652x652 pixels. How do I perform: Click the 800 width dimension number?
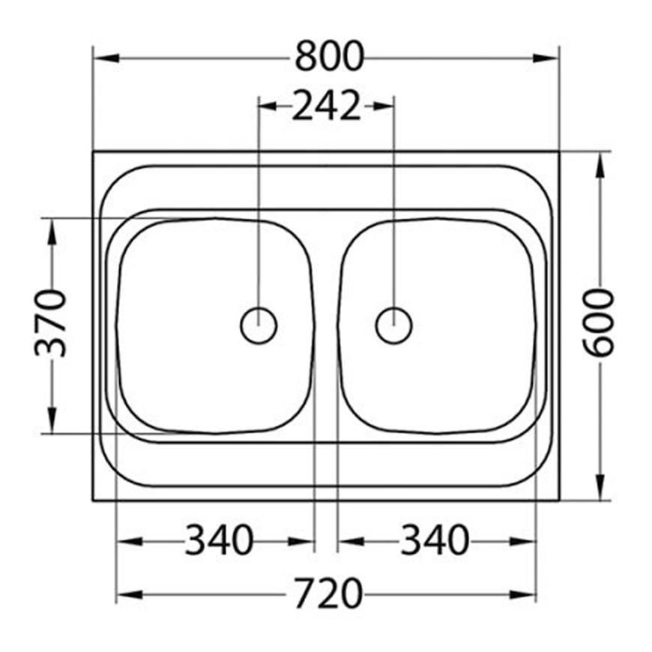pyautogui.click(x=329, y=56)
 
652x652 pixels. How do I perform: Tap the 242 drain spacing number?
pyautogui.click(x=326, y=106)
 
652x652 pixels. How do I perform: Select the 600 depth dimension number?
pyautogui.click(x=598, y=323)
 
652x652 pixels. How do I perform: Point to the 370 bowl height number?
pyautogui.click(x=50, y=324)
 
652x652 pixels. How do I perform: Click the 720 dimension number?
pyautogui.click(x=329, y=594)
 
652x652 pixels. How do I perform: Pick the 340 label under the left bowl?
pyautogui.click(x=219, y=540)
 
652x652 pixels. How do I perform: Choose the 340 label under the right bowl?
pyautogui.click(x=435, y=540)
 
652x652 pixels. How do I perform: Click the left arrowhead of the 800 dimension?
pyautogui.click(x=106, y=58)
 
